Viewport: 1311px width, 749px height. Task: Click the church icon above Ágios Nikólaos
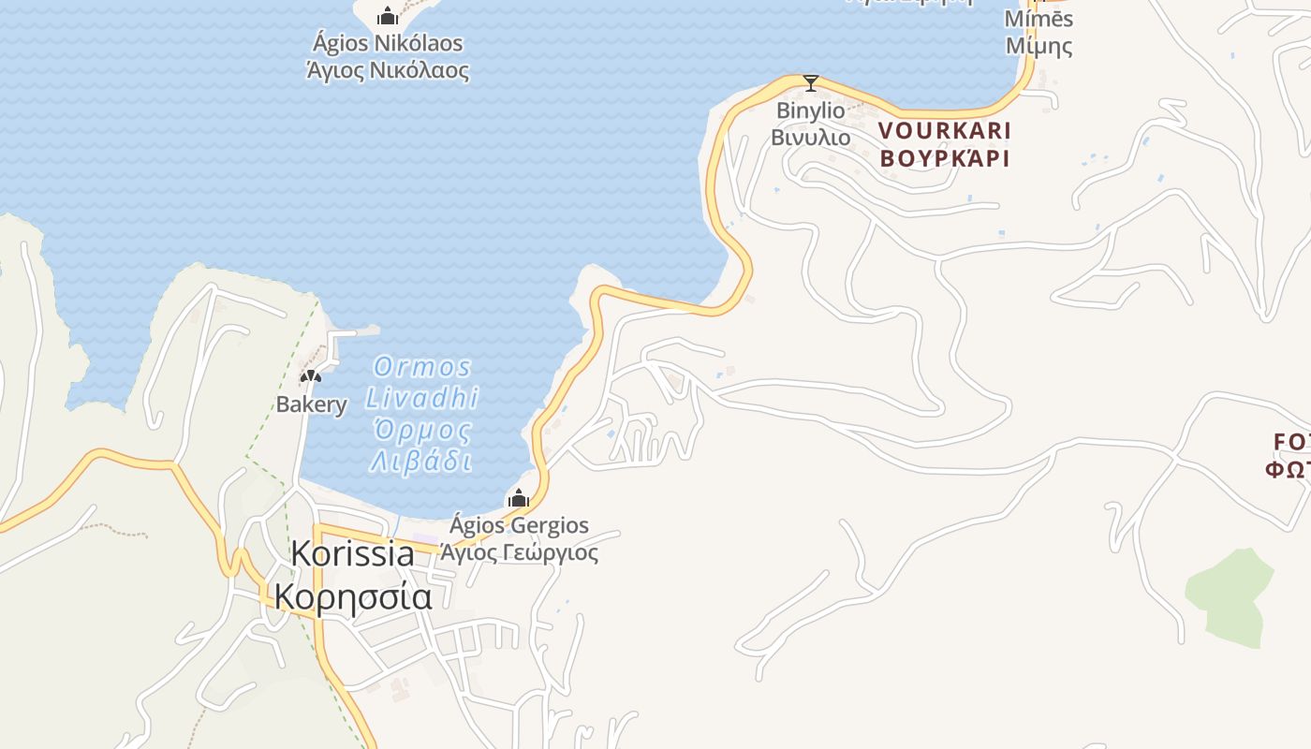coord(388,16)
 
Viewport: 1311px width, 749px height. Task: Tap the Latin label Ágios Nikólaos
coord(388,43)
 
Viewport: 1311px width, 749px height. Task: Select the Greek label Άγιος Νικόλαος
coord(388,70)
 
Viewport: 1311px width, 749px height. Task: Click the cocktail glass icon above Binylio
coord(811,83)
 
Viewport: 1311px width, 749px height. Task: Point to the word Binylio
coord(811,110)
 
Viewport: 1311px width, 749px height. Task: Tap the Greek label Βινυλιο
coord(811,138)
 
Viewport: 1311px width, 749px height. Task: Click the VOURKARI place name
coord(945,130)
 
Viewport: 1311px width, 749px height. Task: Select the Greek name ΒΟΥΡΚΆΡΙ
coord(945,157)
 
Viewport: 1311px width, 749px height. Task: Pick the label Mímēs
coord(1038,19)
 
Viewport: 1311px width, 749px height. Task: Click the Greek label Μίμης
coord(1038,45)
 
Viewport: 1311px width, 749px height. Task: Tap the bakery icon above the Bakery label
coord(310,376)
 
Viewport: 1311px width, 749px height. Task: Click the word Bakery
coord(312,404)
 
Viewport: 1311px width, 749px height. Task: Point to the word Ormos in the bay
coord(422,366)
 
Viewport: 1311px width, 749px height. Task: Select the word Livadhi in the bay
coord(422,398)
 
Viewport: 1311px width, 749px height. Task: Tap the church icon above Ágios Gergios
coord(518,498)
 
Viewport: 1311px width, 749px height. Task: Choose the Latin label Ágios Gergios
coord(520,525)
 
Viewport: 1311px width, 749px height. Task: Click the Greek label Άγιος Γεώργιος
coord(520,552)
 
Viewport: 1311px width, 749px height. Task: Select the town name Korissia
coord(352,553)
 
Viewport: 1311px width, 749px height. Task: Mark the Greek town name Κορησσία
coord(352,596)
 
